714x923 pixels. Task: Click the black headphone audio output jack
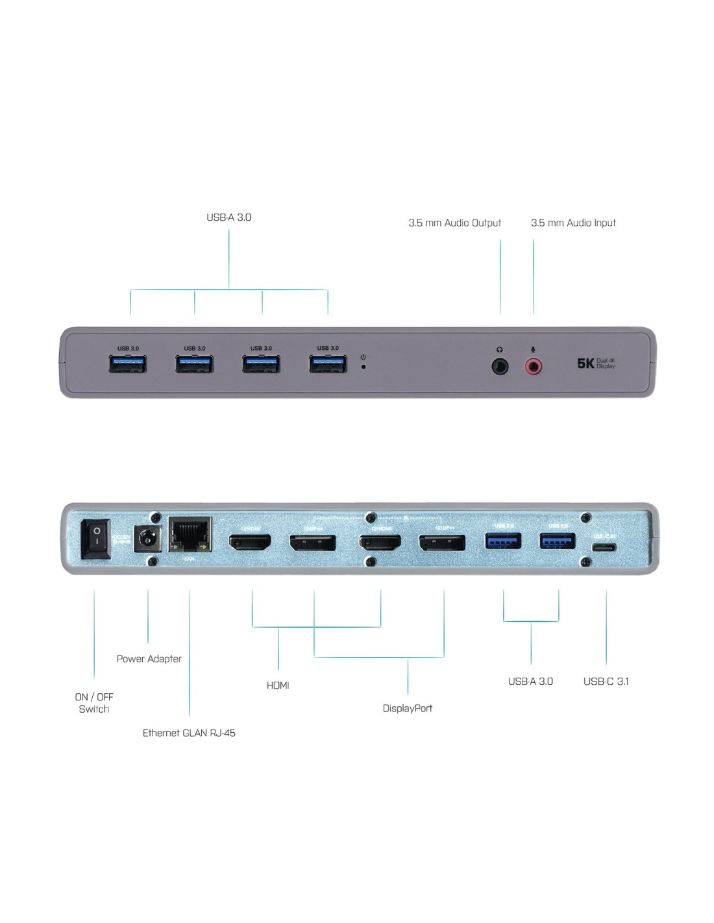[500, 367]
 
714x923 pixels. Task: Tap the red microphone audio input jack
[534, 367]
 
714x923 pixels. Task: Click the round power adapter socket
[147, 539]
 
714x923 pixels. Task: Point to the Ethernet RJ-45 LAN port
[190, 535]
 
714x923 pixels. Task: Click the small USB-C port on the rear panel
[605, 547]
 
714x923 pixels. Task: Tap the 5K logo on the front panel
[585, 363]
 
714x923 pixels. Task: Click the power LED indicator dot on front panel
[363, 367]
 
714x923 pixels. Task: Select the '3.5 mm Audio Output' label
[454, 223]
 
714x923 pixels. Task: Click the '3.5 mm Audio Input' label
[573, 223]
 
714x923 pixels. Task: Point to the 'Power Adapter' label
[149, 659]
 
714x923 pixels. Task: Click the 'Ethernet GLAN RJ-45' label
[189, 733]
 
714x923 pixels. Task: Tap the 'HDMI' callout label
[278, 685]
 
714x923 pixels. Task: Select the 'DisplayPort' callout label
[407, 708]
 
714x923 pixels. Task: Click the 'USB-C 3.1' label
[606, 682]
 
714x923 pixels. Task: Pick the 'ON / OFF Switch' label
[94, 703]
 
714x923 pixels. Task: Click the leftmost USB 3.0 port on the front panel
[128, 364]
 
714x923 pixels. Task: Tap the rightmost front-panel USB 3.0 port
[328, 364]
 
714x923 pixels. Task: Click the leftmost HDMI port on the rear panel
[250, 542]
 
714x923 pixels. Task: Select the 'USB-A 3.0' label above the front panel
[228, 217]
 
